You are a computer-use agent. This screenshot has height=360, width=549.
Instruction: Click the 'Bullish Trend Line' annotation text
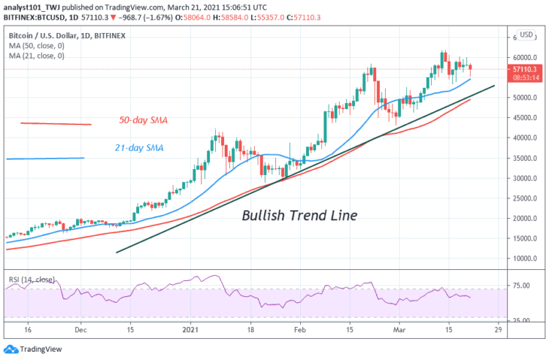click(x=299, y=216)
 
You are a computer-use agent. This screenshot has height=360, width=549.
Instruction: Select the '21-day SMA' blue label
click(x=139, y=148)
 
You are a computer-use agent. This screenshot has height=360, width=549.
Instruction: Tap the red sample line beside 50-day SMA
click(x=56, y=123)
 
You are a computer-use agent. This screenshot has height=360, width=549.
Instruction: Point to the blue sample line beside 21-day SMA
click(x=45, y=158)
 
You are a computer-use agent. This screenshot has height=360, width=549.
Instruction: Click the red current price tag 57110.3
click(x=525, y=69)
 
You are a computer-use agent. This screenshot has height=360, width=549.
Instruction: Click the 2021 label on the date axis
click(x=191, y=330)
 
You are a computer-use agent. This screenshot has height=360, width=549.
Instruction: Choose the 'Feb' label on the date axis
click(x=299, y=330)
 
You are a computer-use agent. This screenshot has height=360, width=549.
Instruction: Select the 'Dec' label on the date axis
click(x=81, y=330)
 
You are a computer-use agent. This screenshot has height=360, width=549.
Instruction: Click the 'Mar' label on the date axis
click(x=401, y=330)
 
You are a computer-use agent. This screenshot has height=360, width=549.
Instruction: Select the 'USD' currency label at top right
click(x=526, y=34)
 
